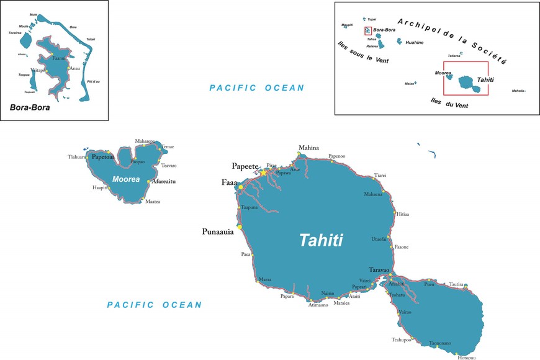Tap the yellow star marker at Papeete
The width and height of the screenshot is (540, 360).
(x=263, y=173)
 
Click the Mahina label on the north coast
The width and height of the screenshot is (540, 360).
(x=308, y=148)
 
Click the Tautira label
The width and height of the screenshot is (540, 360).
(x=456, y=284)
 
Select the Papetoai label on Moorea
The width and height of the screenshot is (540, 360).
(x=105, y=157)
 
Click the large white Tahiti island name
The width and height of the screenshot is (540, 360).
(x=321, y=240)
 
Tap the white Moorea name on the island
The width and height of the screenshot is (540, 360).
(x=126, y=179)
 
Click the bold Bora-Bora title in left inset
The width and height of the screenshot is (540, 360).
(x=29, y=107)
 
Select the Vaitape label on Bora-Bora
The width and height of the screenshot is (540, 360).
(x=38, y=71)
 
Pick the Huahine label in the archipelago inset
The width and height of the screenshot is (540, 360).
(x=414, y=43)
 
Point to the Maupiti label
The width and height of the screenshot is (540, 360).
(x=347, y=25)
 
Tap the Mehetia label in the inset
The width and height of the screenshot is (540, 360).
(x=518, y=91)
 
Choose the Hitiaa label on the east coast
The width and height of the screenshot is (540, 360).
(x=403, y=214)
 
